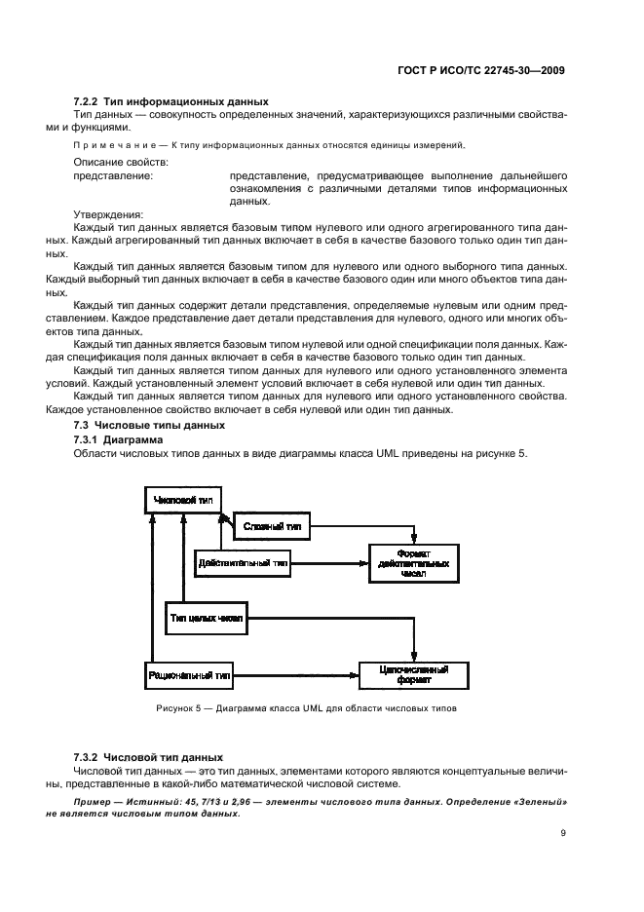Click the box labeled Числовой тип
coord(182,500)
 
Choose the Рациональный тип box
coord(189,673)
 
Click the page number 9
coord(564,833)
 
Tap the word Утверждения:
coord(108,214)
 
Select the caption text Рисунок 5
coord(185,708)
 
